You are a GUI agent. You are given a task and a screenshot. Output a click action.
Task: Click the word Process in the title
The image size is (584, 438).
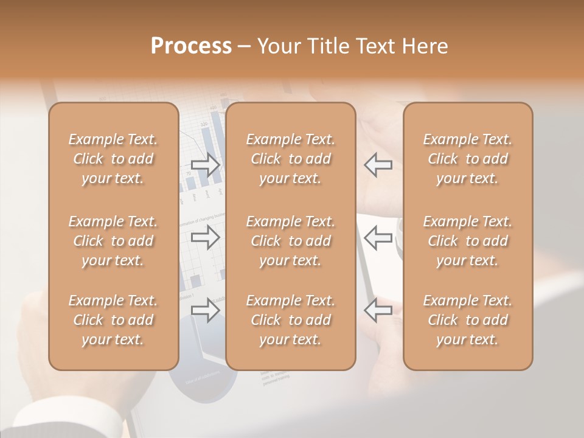click(191, 46)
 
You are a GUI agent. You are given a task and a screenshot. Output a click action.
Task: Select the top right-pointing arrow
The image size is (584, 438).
click(205, 165)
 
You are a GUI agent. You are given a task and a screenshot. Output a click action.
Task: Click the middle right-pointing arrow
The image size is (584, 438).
click(205, 237)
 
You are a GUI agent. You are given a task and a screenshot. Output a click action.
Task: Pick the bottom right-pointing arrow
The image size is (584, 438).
click(205, 310)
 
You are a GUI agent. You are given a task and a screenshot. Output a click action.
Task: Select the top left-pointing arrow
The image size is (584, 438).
click(378, 165)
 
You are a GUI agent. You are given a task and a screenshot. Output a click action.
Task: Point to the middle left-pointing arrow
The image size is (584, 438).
click(378, 237)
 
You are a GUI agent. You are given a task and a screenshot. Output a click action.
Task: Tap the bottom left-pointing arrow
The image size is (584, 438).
click(378, 310)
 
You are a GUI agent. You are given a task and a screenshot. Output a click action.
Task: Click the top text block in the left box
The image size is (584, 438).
click(113, 159)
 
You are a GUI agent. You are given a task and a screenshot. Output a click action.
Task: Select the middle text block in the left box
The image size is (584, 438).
click(113, 241)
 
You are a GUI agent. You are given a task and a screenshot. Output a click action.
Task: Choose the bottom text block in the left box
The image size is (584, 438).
click(113, 320)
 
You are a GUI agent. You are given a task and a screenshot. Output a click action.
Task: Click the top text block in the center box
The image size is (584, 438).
click(291, 159)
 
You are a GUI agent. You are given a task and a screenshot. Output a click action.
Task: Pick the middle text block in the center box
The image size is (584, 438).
click(291, 241)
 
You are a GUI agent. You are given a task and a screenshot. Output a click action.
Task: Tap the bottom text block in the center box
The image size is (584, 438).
click(291, 320)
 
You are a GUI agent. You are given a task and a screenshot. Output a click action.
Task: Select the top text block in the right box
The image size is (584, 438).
click(468, 159)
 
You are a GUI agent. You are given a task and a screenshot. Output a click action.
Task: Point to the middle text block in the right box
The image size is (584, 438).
click(468, 241)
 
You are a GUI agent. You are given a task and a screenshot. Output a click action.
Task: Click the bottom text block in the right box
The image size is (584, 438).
click(468, 320)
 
